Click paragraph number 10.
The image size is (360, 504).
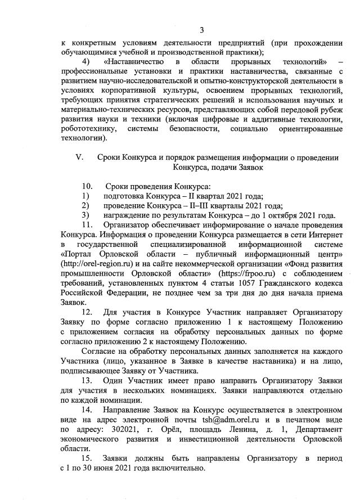87,186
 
